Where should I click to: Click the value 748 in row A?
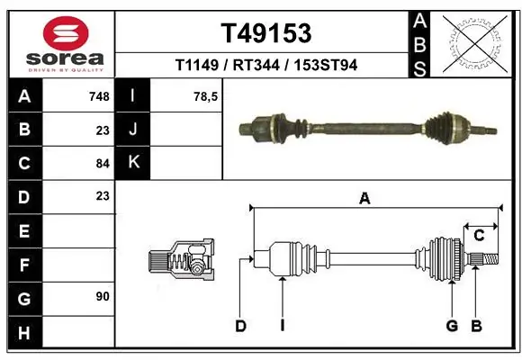99,96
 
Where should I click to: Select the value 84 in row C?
102,163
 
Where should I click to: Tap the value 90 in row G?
102,295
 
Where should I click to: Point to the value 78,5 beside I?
206,96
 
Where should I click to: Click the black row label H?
23,333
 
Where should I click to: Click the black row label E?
23,231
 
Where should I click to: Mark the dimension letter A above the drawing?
364,199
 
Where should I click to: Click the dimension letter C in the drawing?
480,236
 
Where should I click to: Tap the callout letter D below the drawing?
240,326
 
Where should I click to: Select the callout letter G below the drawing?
452,326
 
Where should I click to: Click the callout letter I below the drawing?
282,326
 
